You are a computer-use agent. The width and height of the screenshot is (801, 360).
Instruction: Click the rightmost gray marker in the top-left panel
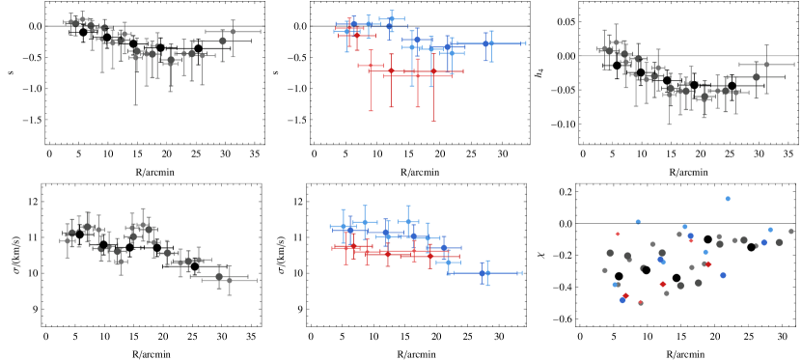tap(233, 32)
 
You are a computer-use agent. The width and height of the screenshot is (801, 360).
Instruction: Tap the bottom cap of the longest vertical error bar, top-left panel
tap(135, 104)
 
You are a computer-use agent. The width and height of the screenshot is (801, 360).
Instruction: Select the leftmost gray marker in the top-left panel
tap(70, 22)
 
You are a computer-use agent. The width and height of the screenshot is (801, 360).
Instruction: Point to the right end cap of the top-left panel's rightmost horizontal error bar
tap(261, 32)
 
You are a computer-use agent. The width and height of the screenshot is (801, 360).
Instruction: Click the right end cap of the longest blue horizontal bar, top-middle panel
tap(526, 43)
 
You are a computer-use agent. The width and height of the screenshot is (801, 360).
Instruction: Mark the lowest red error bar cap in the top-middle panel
tap(433, 121)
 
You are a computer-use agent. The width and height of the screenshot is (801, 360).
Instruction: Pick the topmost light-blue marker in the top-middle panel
tap(392, 17)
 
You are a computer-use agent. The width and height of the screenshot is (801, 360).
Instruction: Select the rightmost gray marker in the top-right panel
tap(767, 65)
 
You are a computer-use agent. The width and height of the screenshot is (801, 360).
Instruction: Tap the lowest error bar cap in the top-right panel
tap(669, 125)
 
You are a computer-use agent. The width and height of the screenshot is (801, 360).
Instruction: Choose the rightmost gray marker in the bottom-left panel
tap(229, 279)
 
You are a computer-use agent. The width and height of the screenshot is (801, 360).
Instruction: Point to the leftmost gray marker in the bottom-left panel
tap(67, 241)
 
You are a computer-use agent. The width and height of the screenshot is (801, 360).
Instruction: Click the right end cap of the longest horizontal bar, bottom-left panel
tap(257, 279)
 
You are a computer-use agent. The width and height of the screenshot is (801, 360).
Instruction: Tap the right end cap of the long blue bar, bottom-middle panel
tap(522, 273)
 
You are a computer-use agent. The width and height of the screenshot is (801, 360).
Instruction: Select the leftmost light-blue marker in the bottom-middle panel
tap(344, 227)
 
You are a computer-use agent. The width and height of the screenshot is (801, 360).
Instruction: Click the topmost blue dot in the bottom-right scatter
tap(728, 199)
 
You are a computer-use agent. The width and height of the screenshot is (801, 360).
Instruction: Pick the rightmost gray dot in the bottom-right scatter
tap(791, 232)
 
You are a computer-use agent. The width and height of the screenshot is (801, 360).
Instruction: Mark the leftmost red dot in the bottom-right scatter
tap(618, 234)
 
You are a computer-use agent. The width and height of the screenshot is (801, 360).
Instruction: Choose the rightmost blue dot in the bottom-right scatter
tap(770, 230)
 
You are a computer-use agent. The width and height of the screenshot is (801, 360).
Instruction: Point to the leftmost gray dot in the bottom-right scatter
tap(605, 270)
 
